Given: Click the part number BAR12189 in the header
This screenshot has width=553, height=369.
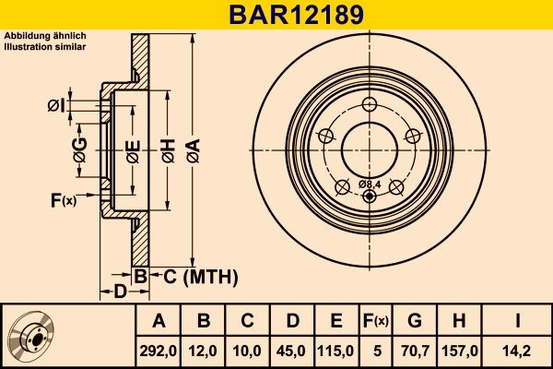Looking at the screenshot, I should coord(276,15).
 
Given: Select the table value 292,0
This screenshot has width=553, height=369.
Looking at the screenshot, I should coord(158,350).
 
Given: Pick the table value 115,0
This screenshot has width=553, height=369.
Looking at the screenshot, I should coord(335,350).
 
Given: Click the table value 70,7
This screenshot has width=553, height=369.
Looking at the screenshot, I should coord(415,350).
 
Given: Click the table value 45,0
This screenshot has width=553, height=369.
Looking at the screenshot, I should coord(290,350).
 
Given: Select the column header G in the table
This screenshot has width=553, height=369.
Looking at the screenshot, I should coord(415,321).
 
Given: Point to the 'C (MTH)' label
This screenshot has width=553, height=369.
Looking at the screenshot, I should coord(195,276).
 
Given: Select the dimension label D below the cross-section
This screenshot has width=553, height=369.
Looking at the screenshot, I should coord(120,292).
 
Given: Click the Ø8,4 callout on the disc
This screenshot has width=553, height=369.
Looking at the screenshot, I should coord(369,184).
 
